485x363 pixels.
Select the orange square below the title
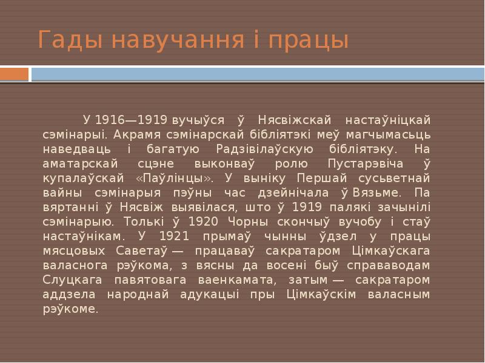coord(15,74)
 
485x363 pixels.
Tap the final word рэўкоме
coord(70,309)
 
